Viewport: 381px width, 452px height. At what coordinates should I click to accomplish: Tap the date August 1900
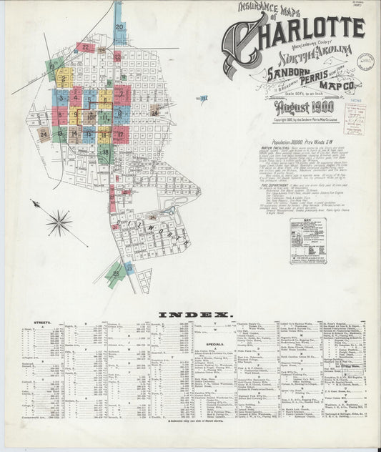tap(300, 109)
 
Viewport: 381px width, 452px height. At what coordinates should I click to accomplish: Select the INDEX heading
tap(195, 315)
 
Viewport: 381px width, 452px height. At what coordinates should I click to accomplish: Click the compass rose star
tap(59, 222)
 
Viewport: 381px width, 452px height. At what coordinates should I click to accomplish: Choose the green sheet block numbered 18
tap(104, 152)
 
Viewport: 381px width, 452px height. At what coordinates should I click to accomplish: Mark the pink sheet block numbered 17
tap(120, 134)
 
